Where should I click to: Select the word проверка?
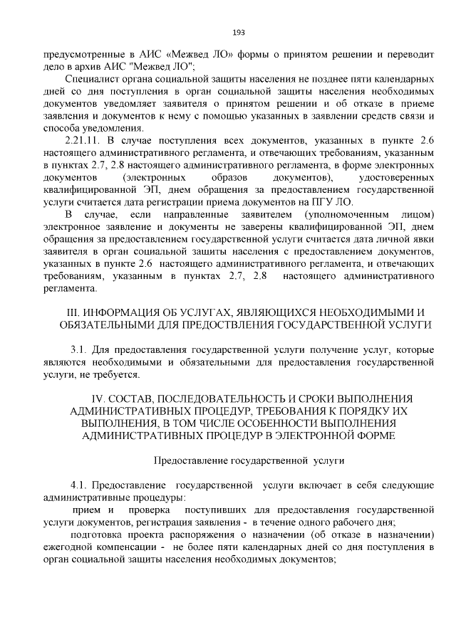click(x=149, y=510)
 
